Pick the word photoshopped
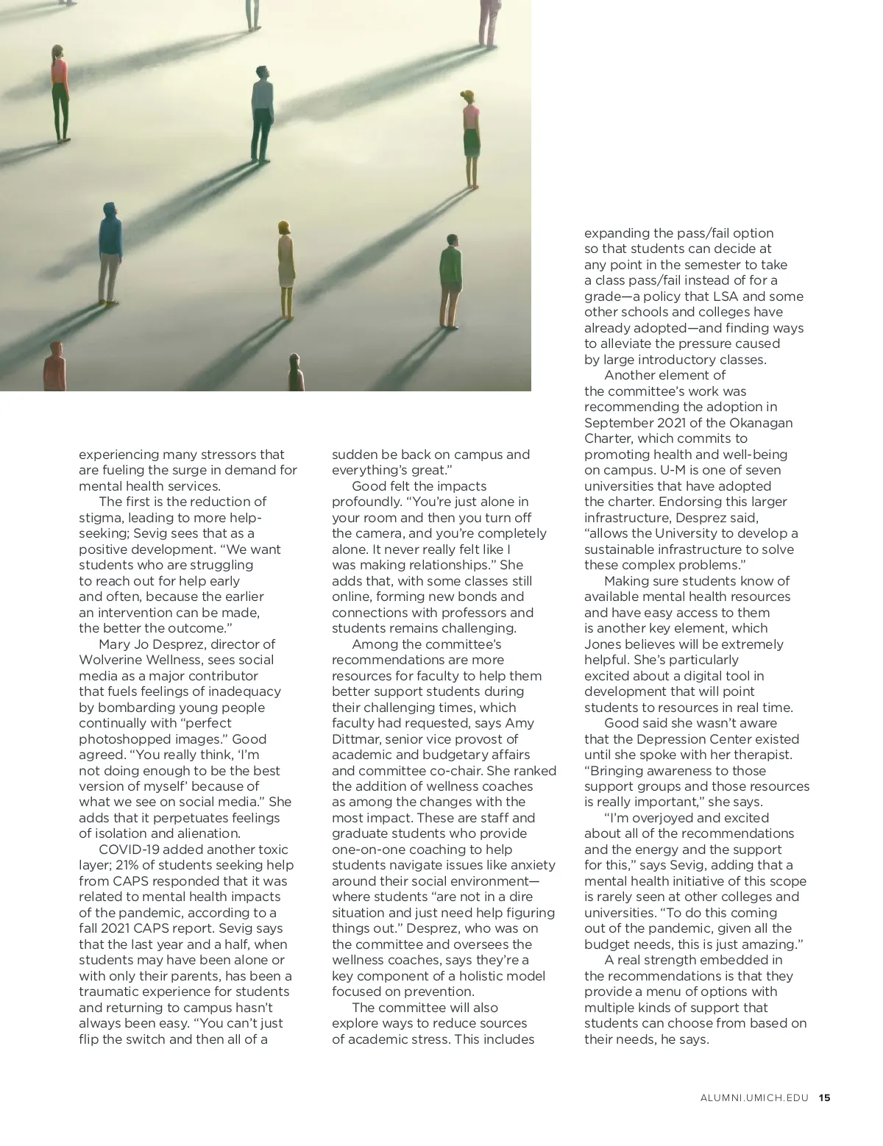click(x=122, y=739)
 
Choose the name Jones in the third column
click(x=602, y=644)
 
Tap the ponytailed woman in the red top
click(x=60, y=91)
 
